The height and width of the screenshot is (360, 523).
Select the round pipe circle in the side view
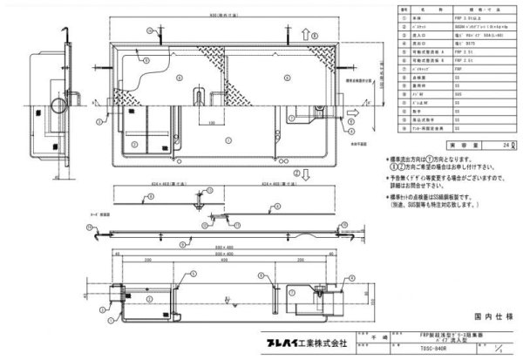(x=58, y=106)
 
